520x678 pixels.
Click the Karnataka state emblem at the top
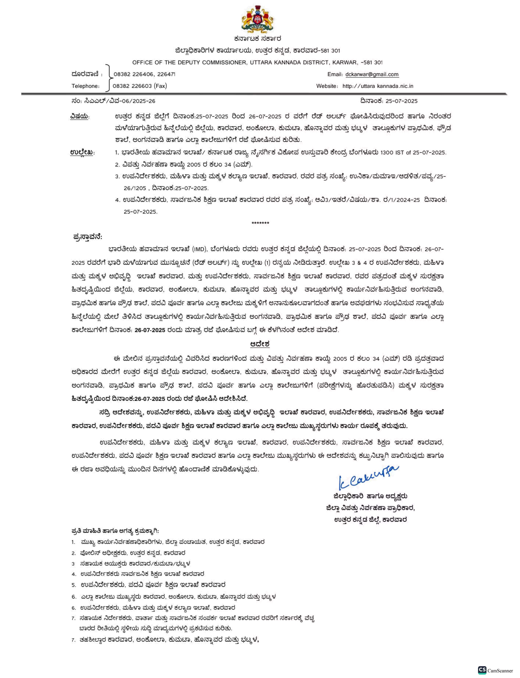coord(258,19)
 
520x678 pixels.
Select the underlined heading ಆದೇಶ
coord(260,344)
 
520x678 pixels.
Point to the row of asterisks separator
coord(260,223)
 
